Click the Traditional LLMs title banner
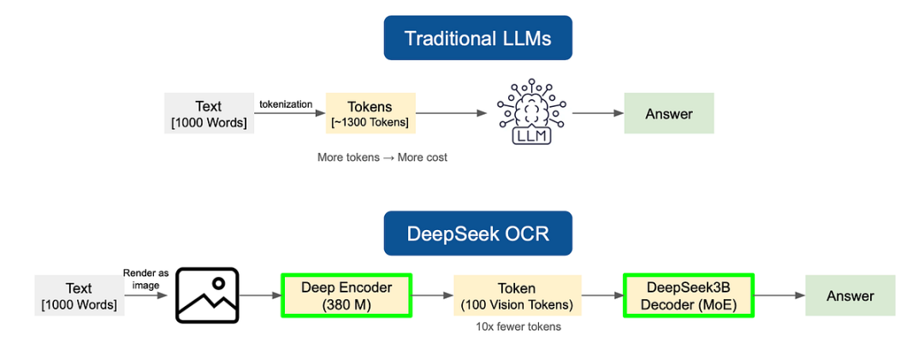[477, 38]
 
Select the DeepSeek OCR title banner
[477, 233]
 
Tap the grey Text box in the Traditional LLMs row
[209, 114]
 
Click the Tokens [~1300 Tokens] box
[370, 114]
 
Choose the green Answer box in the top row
[668, 114]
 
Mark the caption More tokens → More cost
[382, 157]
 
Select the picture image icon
[207, 295]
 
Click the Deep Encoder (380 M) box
[346, 295]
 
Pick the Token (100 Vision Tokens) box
[517, 296]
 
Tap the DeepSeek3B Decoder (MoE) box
[689, 295]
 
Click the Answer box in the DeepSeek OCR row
[850, 296]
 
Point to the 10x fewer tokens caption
[518, 327]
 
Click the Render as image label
[145, 279]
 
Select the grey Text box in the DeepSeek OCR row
[79, 296]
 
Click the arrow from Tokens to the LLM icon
[449, 114]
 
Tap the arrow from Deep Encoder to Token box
[432, 296]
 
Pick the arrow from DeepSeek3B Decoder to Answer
[779, 296]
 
